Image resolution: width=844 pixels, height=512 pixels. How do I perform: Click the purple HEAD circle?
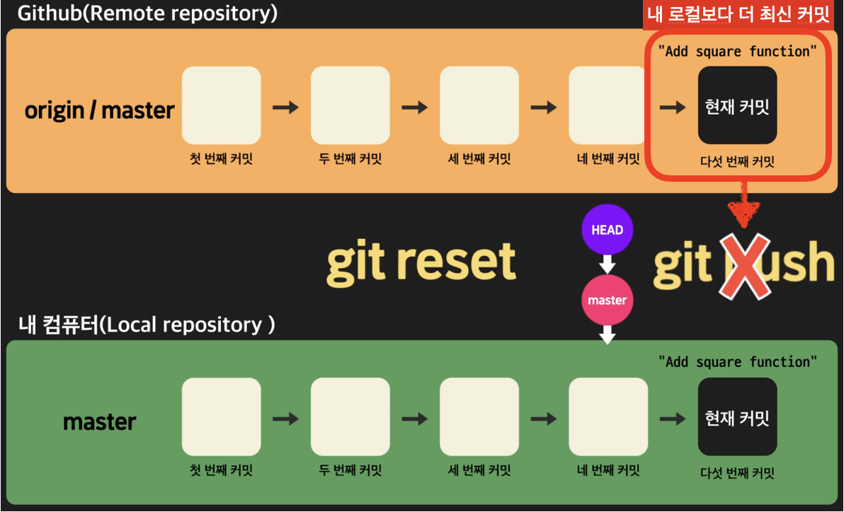coord(607,230)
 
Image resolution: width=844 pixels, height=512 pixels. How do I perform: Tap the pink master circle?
coord(607,300)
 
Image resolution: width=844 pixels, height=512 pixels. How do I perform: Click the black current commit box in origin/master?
coord(737,105)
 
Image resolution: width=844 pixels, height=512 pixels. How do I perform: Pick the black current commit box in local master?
coord(737,417)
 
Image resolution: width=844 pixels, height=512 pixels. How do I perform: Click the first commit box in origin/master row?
coord(222,105)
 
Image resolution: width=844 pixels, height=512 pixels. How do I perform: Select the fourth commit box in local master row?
coord(608,417)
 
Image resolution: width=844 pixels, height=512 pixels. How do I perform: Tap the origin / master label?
coord(99,110)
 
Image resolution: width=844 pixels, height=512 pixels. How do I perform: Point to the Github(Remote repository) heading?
coord(147,13)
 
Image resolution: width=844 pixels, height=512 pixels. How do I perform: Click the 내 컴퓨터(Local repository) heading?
coord(147,325)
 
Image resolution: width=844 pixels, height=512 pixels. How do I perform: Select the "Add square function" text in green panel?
coord(737,362)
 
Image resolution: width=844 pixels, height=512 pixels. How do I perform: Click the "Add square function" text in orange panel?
coord(737,51)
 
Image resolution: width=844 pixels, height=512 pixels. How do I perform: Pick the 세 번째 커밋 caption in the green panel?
coord(479,470)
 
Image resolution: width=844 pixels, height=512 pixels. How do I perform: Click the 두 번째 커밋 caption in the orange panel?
coord(350,159)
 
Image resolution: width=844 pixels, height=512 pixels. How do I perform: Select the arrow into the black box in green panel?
coord(672,419)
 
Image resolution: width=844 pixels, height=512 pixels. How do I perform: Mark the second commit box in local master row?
coord(350,417)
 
